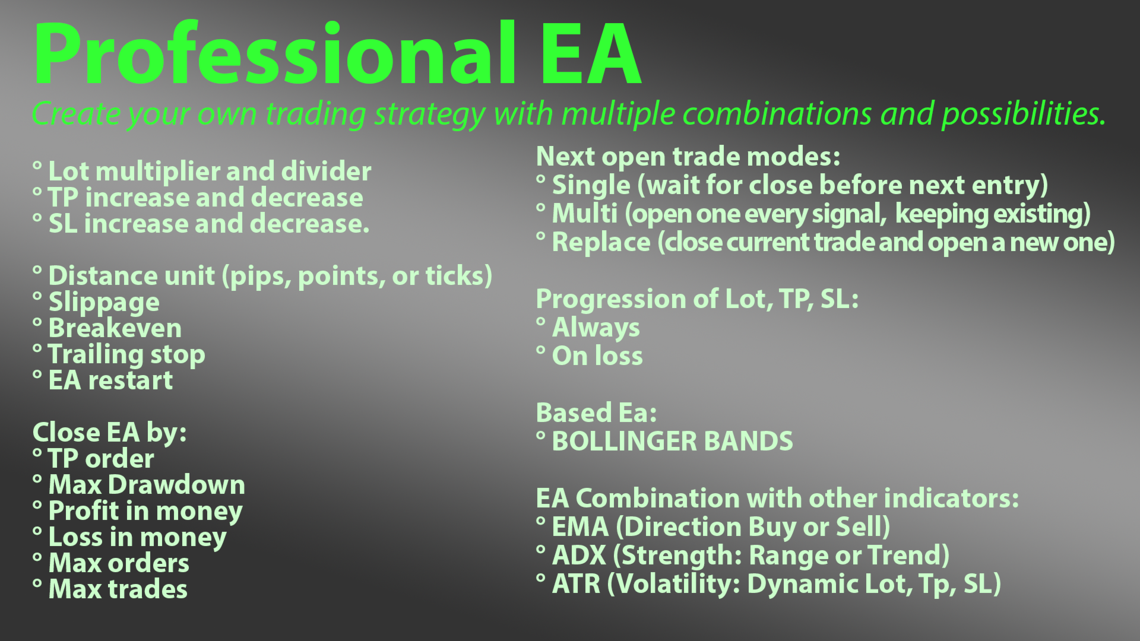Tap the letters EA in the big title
pyautogui.click(x=591, y=54)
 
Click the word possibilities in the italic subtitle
pyautogui.click(x=1024, y=114)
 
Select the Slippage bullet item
pyautogui.click(x=104, y=303)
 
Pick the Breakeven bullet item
pyautogui.click(x=115, y=328)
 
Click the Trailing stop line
pyautogui.click(x=126, y=355)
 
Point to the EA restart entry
pyautogui.click(x=110, y=380)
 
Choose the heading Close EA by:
pyautogui.click(x=110, y=433)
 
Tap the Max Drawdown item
pyautogui.click(x=147, y=485)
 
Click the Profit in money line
pyautogui.click(x=145, y=512)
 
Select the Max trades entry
pyautogui.click(x=118, y=589)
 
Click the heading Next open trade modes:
pyautogui.click(x=688, y=157)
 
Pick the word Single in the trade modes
pyautogui.click(x=591, y=186)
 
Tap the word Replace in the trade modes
pyautogui.click(x=601, y=243)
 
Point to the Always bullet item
pyautogui.click(x=596, y=328)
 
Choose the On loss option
pyautogui.click(x=597, y=356)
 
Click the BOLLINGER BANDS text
pyautogui.click(x=672, y=442)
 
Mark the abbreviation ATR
pyautogui.click(x=577, y=584)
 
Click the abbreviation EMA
pyautogui.click(x=581, y=527)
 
